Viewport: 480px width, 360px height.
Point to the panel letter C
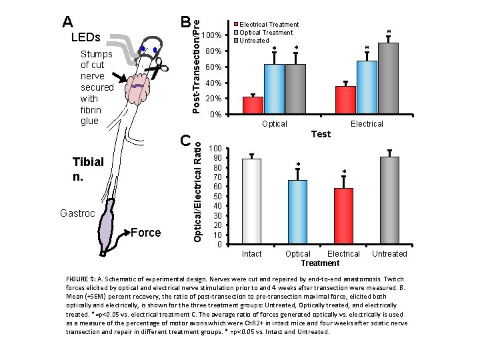pyautogui.click(x=185, y=140)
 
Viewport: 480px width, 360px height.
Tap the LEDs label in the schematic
pyautogui.click(x=85, y=37)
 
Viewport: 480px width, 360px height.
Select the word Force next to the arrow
pyautogui.click(x=146, y=233)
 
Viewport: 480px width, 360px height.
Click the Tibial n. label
pyautogui.click(x=89, y=170)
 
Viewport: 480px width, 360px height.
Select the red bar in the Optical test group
pyautogui.click(x=253, y=106)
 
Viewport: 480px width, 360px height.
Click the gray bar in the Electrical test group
pyautogui.click(x=388, y=79)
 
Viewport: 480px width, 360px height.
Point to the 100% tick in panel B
pyautogui.click(x=211, y=35)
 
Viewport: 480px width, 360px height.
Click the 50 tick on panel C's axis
pyautogui.click(x=215, y=196)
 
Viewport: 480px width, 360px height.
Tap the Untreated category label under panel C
pyautogui.click(x=389, y=254)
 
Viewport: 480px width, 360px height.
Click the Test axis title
pyautogui.click(x=321, y=134)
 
